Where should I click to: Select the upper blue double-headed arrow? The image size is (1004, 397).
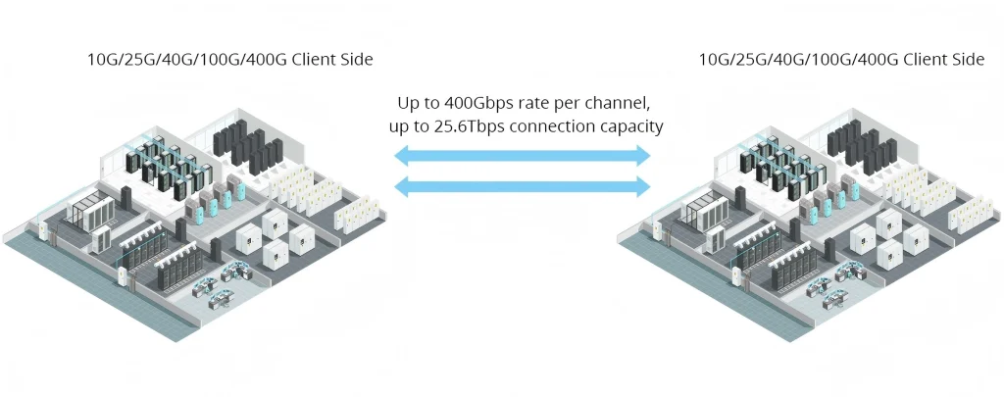523,155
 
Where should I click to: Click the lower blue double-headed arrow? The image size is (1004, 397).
523,185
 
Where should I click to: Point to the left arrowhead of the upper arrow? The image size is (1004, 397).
401,155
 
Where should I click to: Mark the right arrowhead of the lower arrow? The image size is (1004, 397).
643,185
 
